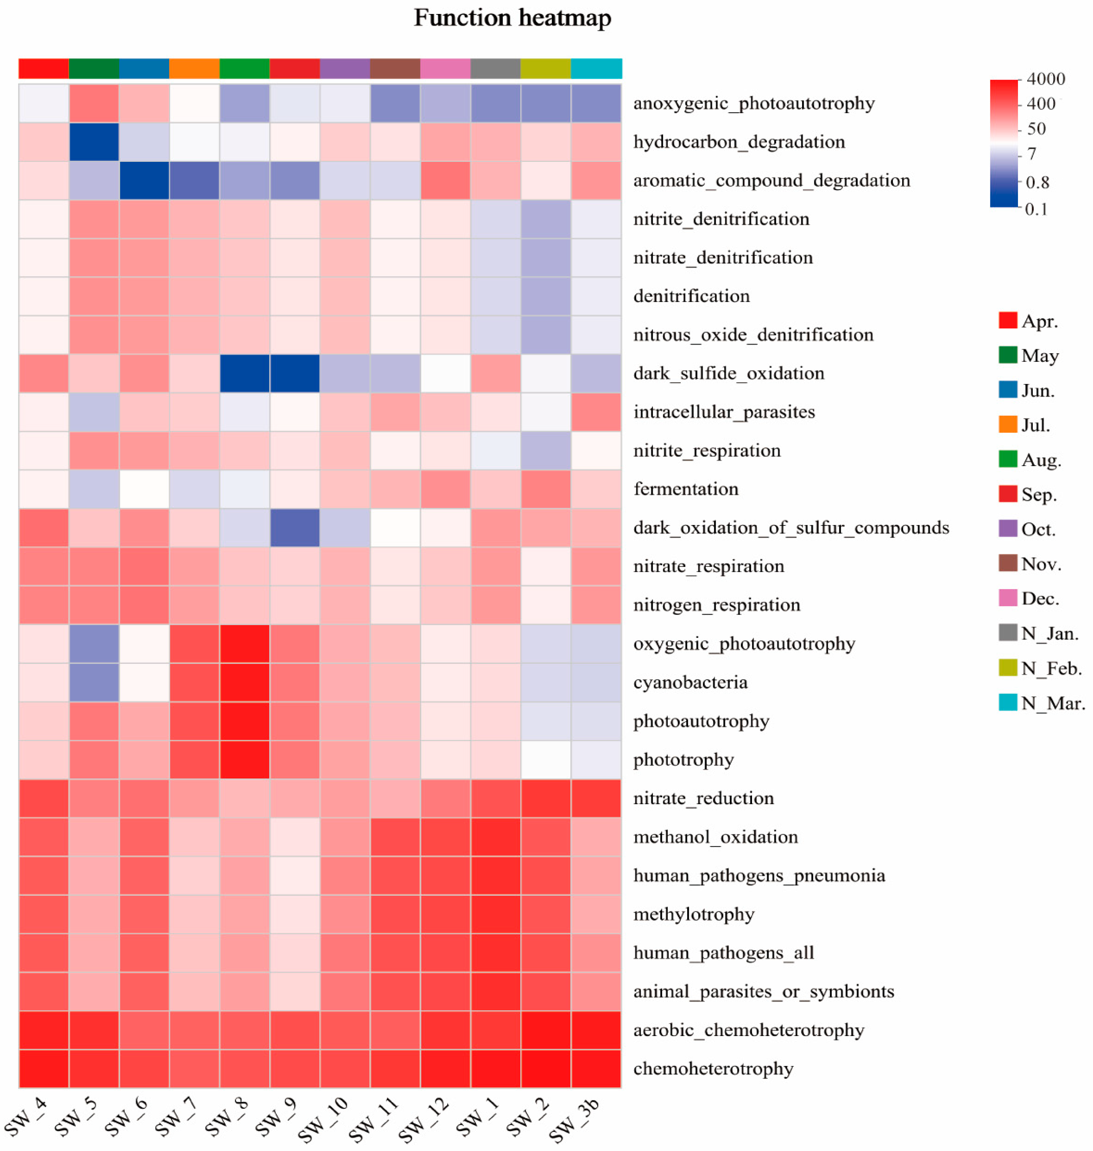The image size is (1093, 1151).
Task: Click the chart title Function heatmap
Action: (x=512, y=18)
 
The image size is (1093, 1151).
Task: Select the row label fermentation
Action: (x=686, y=489)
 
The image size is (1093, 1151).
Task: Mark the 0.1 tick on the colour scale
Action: (x=1036, y=209)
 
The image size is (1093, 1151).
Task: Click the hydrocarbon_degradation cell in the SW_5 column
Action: (x=94, y=142)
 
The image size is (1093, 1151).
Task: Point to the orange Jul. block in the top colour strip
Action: (x=194, y=68)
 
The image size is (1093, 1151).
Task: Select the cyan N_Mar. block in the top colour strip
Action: (x=596, y=68)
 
